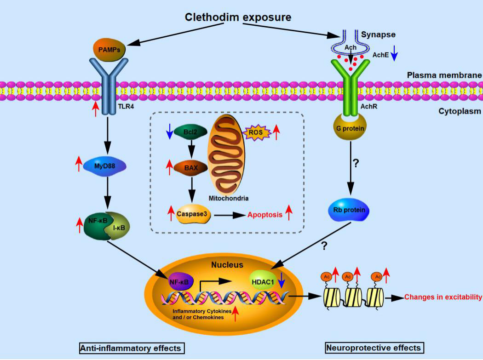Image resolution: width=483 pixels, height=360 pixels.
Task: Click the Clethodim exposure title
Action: coord(238,17)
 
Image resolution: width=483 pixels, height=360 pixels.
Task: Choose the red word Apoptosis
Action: coord(265,215)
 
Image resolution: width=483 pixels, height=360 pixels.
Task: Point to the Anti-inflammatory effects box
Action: coord(132,348)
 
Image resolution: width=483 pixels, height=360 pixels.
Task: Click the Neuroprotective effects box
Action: coord(374,348)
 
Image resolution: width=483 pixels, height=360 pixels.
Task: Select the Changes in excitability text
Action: coord(443,297)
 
